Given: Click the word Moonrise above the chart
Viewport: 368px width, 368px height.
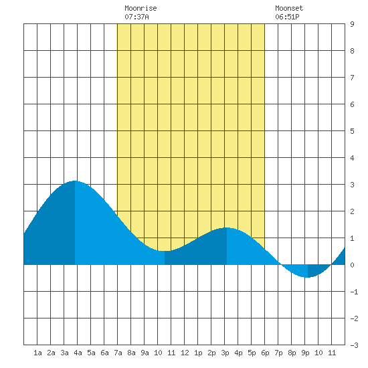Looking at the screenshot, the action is click(x=141, y=8).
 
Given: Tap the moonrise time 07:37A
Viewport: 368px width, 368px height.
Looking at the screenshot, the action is click(x=136, y=17).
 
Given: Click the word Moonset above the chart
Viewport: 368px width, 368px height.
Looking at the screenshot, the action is click(x=289, y=8).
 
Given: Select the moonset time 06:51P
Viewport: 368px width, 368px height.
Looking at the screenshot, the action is click(x=287, y=17).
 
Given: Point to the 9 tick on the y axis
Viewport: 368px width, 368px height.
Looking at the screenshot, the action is click(x=352, y=24).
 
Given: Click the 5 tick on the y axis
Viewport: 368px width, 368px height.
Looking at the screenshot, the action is click(x=352, y=131).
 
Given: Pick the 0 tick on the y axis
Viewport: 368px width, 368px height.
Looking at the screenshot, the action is click(x=352, y=265).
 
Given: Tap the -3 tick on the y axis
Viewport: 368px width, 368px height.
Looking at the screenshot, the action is click(x=354, y=345).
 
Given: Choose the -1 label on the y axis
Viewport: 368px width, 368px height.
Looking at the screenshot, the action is click(x=354, y=292).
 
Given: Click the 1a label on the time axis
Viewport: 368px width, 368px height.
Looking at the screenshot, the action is click(x=37, y=353).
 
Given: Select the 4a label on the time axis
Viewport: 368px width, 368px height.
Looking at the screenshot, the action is click(x=78, y=353).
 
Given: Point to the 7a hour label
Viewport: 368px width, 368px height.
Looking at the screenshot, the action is click(x=118, y=353).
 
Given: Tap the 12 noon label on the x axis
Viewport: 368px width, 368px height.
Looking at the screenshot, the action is click(x=185, y=353).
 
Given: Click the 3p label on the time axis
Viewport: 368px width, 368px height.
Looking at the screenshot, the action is click(x=225, y=353).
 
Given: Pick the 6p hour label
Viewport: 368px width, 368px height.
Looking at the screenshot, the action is click(x=265, y=353).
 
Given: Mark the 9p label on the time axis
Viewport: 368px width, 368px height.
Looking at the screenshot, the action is click(x=305, y=353).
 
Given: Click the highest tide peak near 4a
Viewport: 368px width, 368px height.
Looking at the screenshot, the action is click(x=75, y=181).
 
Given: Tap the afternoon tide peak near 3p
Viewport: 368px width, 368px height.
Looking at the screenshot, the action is click(x=227, y=227).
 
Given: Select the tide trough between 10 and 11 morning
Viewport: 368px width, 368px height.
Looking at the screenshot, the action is click(x=165, y=251).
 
